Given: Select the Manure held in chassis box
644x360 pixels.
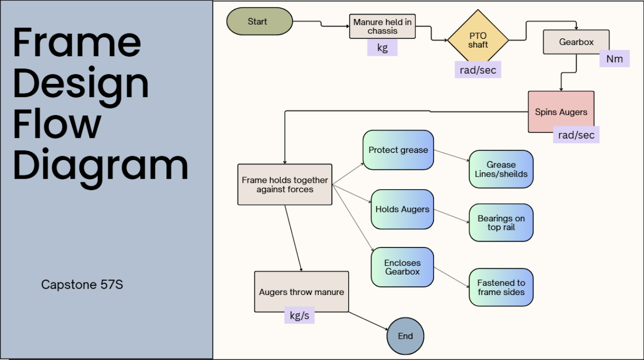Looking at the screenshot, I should pos(382,26).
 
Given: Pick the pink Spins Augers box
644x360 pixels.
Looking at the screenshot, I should pos(561,112).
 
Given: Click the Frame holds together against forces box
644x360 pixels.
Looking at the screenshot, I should pos(285,184).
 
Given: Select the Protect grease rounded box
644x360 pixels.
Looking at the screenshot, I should pos(398,150).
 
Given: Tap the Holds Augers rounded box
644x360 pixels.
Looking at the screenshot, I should pos(402,209).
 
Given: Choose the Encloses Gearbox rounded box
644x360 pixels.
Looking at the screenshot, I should pos(402,267).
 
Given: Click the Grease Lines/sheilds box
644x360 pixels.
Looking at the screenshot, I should pos(501,169).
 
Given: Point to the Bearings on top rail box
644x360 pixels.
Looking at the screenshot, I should pos(501,223).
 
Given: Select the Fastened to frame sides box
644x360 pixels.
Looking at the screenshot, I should pos(501,287).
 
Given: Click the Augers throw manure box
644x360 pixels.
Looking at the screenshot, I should pos(301,292).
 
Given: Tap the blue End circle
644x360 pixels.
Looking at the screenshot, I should pos(405,336).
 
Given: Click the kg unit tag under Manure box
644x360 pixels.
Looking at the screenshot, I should pos(382,48).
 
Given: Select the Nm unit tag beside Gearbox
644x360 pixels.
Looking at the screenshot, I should pos(614,59).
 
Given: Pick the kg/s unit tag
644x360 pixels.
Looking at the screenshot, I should pos(299,315).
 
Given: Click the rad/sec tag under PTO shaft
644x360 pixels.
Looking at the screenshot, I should pos(478,70).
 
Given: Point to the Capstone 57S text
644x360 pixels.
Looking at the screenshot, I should pos(82,284).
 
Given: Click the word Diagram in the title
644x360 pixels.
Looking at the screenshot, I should pos(100,164).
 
